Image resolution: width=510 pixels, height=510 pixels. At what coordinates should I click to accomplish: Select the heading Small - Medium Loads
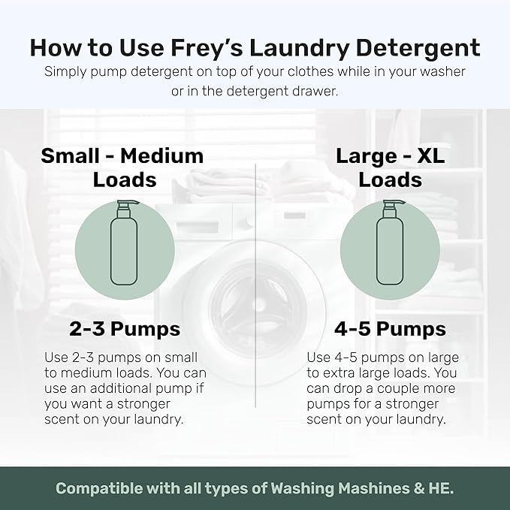click(122, 167)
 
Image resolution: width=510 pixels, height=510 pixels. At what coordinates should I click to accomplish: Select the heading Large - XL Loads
click(389, 167)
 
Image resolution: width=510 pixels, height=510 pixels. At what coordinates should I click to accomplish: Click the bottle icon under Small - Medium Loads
click(124, 244)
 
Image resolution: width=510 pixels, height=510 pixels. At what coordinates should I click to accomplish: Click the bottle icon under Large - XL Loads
click(389, 244)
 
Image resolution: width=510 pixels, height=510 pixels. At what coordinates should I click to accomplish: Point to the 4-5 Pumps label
click(389, 329)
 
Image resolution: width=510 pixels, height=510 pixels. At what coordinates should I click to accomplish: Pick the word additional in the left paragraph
click(140, 388)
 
